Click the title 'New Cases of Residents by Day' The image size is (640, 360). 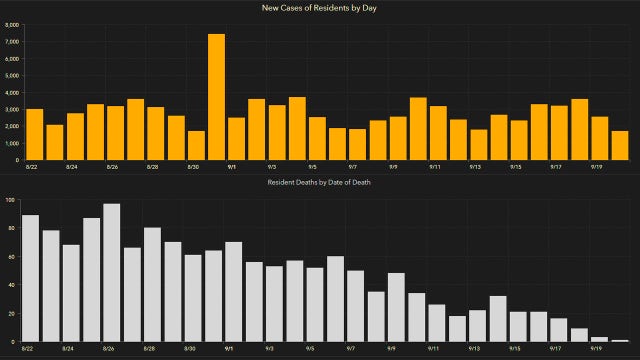tap(320, 9)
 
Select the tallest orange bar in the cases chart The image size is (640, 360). tap(216, 97)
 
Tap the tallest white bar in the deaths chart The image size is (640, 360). tap(112, 273)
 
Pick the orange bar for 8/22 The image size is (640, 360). tap(34, 134)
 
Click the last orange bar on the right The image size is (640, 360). tap(620, 145)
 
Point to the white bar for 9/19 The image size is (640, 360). tap(599, 339)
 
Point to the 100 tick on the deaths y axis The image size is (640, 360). tap(10, 200)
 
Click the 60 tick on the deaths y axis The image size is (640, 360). tap(11, 257)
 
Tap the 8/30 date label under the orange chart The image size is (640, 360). tap(193, 167)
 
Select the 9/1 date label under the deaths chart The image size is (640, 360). tap(230, 350)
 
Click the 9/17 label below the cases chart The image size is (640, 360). tap(557, 167)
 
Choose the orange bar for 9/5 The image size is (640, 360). tap(317, 138)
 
